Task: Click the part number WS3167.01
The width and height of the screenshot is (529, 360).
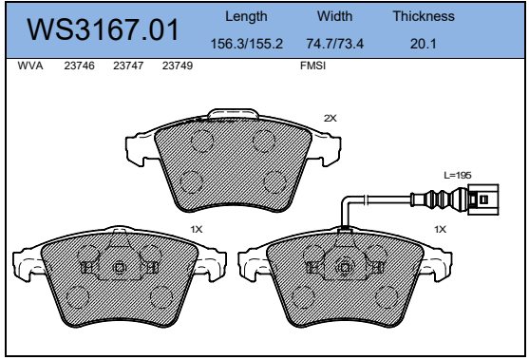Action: click(x=103, y=29)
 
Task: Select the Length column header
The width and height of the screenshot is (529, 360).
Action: click(x=246, y=16)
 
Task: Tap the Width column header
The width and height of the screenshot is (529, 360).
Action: click(x=334, y=16)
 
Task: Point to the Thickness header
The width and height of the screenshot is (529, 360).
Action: click(x=424, y=16)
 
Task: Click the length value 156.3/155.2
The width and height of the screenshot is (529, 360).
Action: click(x=246, y=44)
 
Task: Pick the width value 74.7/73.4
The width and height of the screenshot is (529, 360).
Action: click(x=334, y=44)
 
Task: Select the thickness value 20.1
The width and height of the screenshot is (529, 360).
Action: click(x=423, y=44)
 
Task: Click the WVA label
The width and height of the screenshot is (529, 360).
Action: click(x=30, y=66)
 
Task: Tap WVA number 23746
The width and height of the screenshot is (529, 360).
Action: click(x=79, y=66)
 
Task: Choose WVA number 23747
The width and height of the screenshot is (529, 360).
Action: click(x=128, y=66)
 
